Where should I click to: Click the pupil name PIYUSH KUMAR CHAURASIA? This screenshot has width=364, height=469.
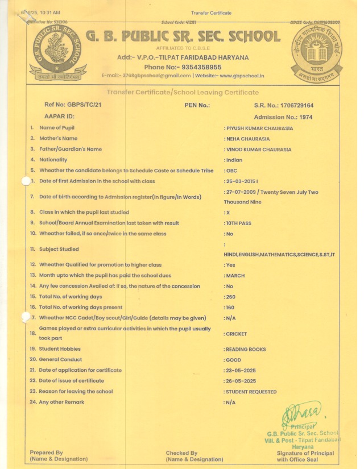(x=259, y=128)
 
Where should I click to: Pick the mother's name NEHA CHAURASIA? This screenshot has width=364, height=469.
(x=248, y=139)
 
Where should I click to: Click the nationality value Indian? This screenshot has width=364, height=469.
(x=234, y=160)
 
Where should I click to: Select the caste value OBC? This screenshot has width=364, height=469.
(x=231, y=171)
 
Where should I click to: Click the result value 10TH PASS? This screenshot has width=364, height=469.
(x=239, y=223)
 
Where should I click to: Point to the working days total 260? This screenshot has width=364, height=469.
(x=231, y=297)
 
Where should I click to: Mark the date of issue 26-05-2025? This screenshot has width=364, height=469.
(x=241, y=381)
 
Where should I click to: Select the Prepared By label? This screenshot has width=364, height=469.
(x=47, y=453)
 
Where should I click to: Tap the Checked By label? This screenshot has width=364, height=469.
(x=181, y=453)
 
